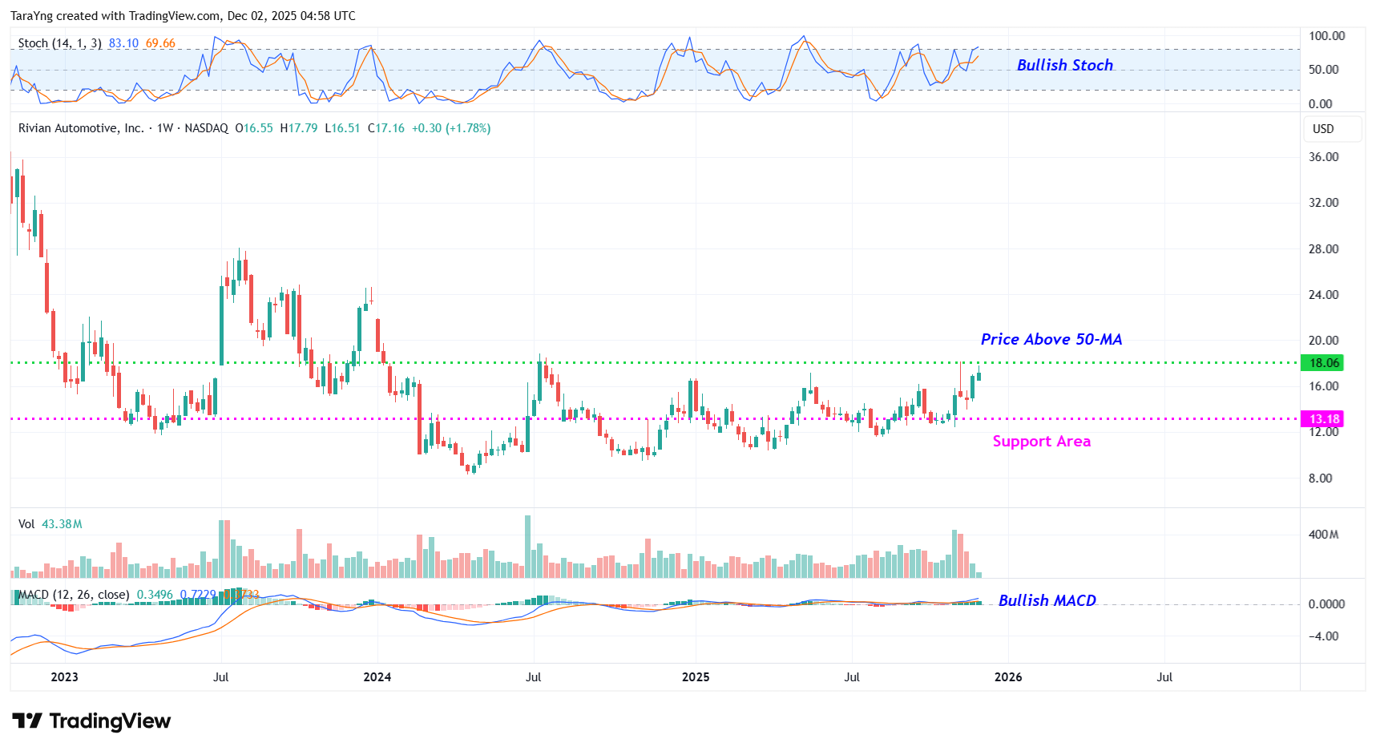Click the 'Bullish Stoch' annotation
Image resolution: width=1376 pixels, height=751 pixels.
1064,65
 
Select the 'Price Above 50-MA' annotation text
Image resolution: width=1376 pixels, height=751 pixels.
1051,339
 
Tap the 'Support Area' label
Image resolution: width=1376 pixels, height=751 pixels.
1041,441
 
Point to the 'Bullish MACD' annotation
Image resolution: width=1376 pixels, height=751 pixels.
1047,600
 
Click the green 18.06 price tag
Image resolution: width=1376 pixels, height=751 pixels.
1324,363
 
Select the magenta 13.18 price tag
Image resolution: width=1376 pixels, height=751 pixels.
1324,419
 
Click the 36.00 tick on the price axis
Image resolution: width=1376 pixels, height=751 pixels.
1323,157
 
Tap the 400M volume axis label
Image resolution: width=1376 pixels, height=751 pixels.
1323,535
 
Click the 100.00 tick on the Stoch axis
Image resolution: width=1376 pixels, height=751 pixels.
1326,36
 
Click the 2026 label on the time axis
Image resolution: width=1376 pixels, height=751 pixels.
1008,677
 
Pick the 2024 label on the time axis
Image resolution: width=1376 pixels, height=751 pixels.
377,677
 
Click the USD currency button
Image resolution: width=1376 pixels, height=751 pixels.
1323,129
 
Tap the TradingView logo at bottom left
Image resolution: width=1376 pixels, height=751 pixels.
91,721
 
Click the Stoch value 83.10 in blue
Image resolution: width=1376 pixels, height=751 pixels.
123,43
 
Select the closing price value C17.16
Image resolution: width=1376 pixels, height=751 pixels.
386,128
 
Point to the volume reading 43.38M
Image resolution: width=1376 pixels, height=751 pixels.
62,524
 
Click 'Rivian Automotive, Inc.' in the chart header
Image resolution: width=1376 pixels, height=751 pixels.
81,128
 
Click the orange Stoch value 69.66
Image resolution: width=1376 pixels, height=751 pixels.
160,43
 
